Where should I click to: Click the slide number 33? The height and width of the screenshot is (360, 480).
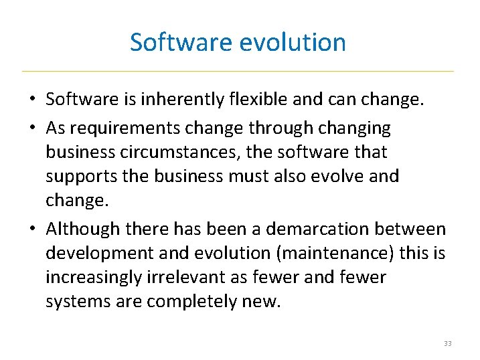[447, 343]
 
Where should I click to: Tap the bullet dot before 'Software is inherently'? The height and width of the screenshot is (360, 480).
[31, 100]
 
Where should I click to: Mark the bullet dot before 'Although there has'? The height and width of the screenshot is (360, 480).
[31, 230]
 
